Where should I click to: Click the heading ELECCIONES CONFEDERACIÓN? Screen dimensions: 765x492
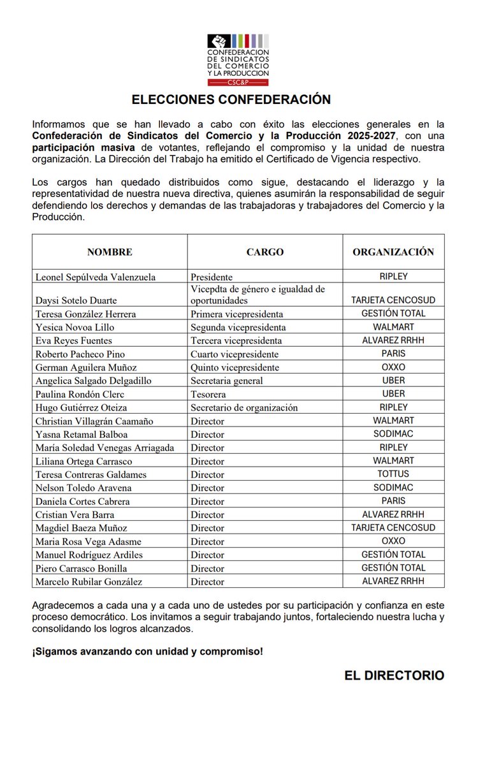coord(231,100)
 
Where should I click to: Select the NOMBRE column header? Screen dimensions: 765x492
coord(110,252)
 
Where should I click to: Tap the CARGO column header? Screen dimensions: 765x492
coord(264,252)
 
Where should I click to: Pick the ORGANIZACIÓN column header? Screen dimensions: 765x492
coord(393,252)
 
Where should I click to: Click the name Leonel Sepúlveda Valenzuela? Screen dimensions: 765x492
coord(96,277)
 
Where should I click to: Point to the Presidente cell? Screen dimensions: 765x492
coord(212,277)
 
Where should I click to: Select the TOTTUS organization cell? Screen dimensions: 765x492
coord(393,474)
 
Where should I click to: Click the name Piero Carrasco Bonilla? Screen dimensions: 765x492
coord(81,568)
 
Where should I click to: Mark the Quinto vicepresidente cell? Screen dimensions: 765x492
coord(235,367)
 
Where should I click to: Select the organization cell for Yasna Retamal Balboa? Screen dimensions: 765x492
coord(393,433)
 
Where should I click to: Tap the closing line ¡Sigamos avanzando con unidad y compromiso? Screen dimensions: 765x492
coord(147,652)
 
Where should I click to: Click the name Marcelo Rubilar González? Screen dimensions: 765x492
coord(89,581)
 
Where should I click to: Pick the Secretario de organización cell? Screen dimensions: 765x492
coord(244,407)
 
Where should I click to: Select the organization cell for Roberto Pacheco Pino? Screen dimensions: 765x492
coord(393,353)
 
